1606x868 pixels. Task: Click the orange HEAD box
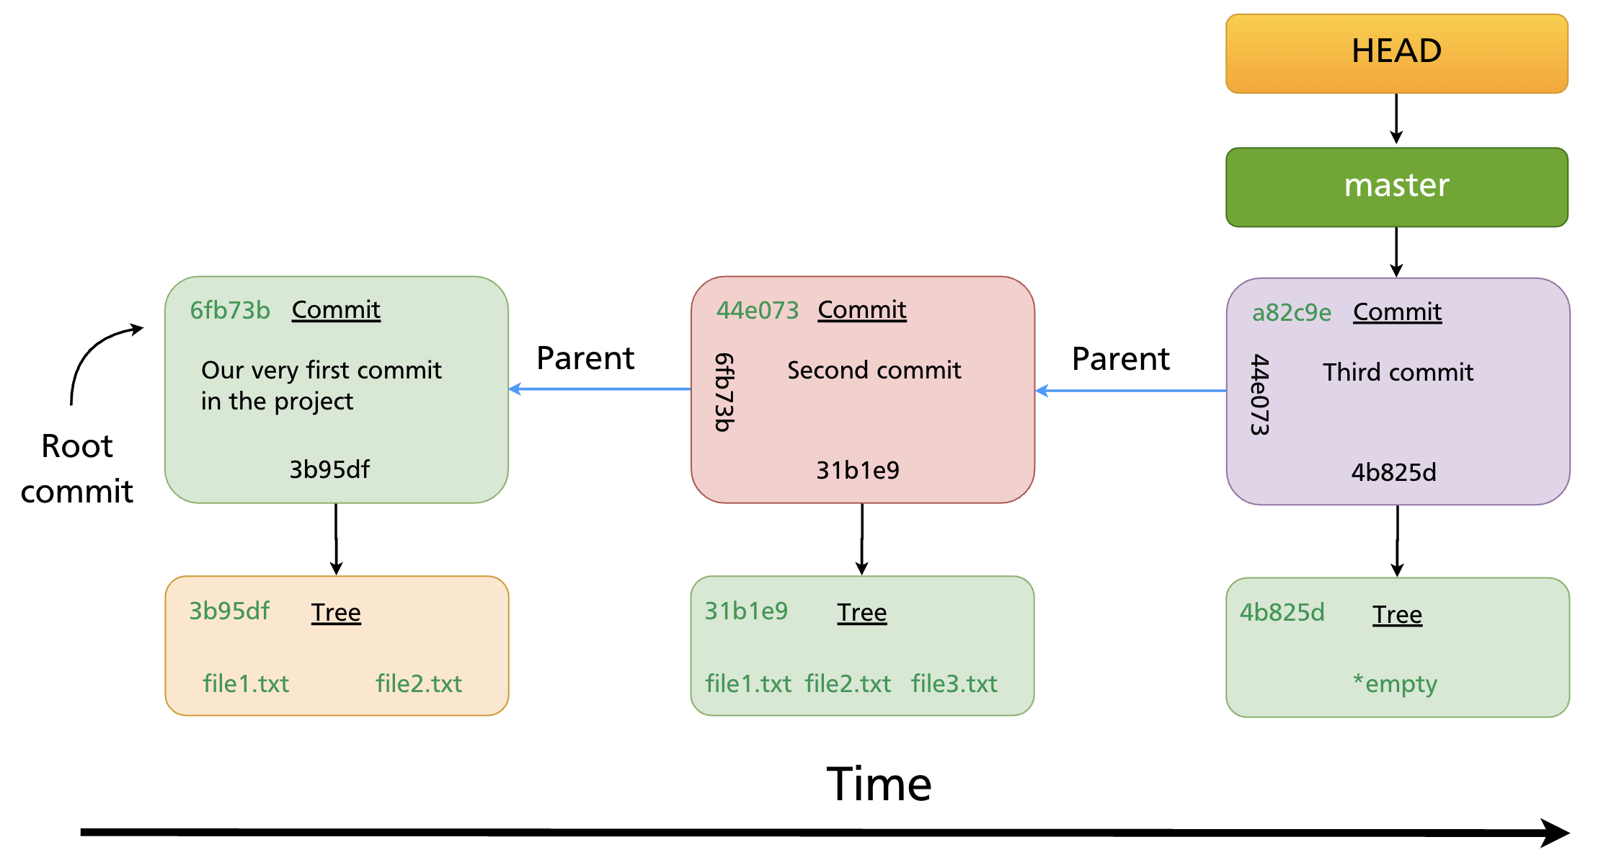pos(1396,53)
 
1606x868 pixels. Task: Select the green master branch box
pos(1396,187)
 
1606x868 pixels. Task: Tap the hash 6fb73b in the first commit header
pos(230,310)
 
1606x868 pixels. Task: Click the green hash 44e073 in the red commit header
pos(757,310)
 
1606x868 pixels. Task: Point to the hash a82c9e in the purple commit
pos(1291,312)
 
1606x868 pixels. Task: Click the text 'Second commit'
pos(874,370)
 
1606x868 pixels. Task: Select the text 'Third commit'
pos(1397,372)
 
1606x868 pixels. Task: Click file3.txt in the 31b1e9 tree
pos(954,683)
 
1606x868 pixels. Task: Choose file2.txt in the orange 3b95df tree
pos(418,683)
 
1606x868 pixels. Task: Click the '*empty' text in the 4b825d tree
pos(1395,683)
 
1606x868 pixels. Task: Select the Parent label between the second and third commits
pos(1120,358)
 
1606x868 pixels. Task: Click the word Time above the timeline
pos(879,784)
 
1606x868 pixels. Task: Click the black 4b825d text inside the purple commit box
pos(1393,472)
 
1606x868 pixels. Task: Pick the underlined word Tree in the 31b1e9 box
pos(861,613)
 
